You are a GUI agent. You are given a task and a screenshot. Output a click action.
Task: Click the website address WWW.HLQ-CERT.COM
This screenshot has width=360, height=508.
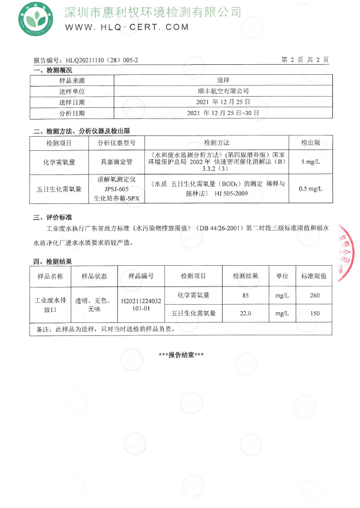(x=127, y=27)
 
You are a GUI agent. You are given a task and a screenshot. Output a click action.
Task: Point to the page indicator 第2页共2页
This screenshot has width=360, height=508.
(x=305, y=60)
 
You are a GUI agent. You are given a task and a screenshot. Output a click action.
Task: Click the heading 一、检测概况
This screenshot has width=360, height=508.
(x=52, y=70)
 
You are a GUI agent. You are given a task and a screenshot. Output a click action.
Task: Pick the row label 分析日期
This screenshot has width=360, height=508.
(x=72, y=113)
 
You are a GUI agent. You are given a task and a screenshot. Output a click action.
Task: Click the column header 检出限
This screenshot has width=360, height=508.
(x=310, y=143)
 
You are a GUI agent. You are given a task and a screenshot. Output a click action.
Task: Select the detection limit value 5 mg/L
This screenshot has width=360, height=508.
(x=310, y=161)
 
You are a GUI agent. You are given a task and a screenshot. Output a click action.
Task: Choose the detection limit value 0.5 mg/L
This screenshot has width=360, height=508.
(x=310, y=189)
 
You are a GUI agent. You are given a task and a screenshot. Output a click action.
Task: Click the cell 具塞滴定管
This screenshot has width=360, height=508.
(x=116, y=161)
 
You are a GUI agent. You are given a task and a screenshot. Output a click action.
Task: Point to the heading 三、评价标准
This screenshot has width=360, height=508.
(x=52, y=217)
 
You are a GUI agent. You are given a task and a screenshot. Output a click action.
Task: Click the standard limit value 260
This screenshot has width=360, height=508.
(x=314, y=295)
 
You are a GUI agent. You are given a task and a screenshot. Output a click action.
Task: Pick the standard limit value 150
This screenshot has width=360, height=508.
(x=314, y=314)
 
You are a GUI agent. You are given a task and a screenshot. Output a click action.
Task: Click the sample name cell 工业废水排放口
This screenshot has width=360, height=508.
(x=49, y=304)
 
